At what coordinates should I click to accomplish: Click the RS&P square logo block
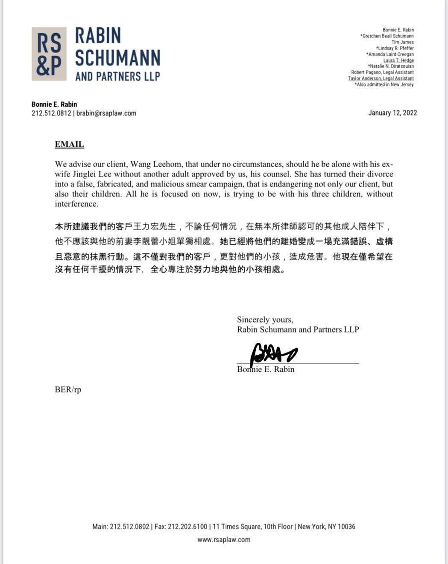point(49,54)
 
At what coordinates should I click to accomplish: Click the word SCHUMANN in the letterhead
point(117,58)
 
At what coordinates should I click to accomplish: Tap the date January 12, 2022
point(392,113)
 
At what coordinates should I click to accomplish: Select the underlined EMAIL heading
point(69,144)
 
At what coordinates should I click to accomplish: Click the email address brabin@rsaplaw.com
point(106,113)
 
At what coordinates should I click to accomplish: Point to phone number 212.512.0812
point(51,113)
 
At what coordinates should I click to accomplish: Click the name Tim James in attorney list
point(402,42)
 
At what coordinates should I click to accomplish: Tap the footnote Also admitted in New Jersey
point(384,84)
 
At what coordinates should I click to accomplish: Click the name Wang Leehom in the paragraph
point(154,164)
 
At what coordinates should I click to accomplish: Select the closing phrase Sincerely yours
point(265,320)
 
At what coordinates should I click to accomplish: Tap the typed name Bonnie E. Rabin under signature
point(266,370)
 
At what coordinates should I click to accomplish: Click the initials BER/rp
point(68,390)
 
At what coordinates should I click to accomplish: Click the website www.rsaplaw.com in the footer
point(224,540)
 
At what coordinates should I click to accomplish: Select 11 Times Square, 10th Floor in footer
point(252,527)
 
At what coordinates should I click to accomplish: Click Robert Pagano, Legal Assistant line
point(382,72)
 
